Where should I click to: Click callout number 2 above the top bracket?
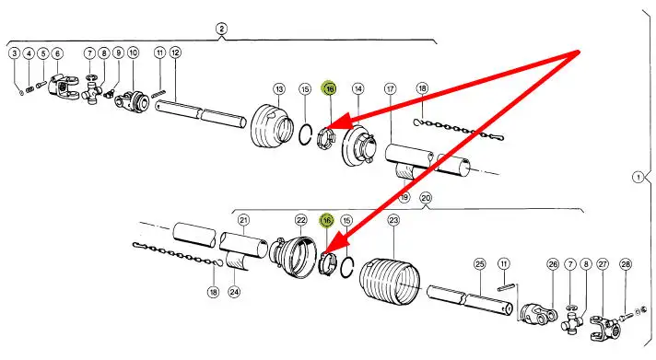point(221,29)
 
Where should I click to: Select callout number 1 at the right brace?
point(638,178)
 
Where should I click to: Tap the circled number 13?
point(279,89)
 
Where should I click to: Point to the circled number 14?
point(357,88)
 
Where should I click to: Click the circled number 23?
point(393,220)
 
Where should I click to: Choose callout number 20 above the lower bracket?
point(426,198)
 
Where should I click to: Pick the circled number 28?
point(626,264)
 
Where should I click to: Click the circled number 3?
point(14,53)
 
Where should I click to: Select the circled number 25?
point(479,264)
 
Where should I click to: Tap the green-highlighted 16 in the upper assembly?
point(330,88)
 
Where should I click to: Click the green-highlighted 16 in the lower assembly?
point(327,220)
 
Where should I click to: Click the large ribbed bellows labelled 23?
point(389,279)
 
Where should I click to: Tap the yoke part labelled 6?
point(64,87)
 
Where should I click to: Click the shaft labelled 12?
point(200,113)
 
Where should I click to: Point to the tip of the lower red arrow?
point(323,254)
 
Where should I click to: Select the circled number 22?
point(300,220)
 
